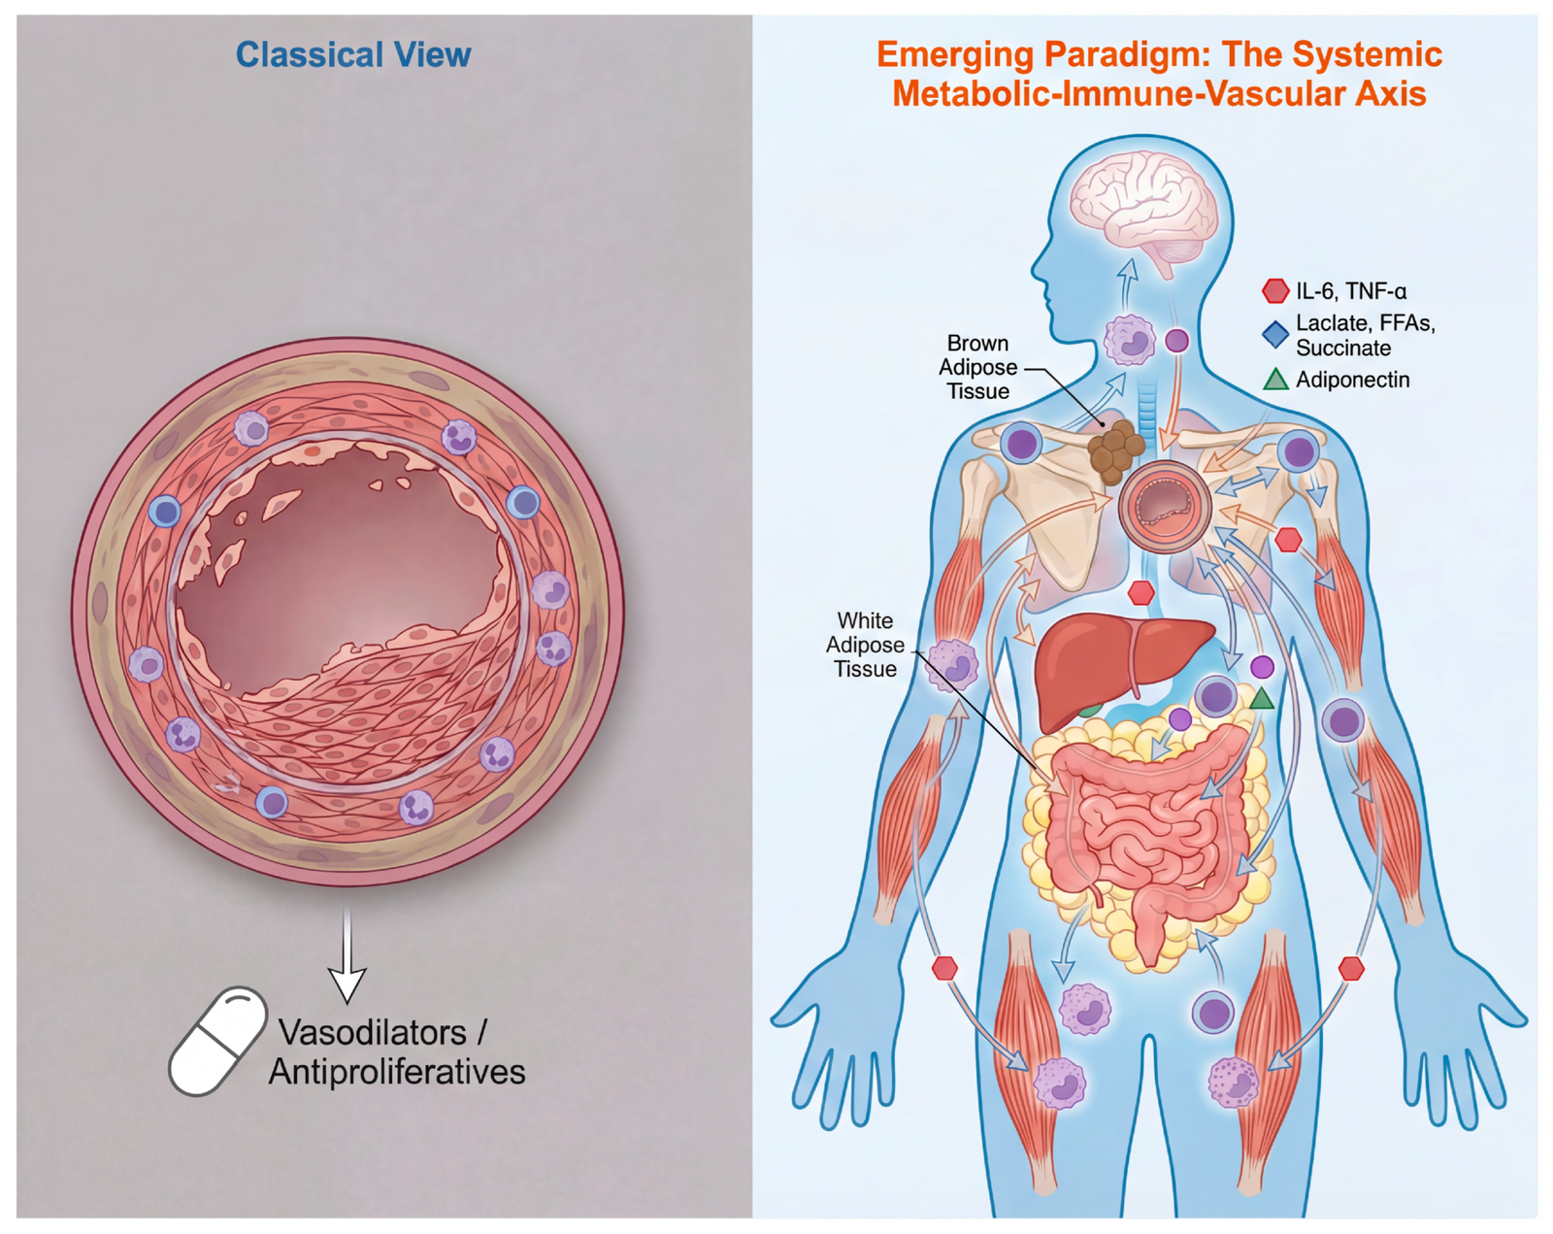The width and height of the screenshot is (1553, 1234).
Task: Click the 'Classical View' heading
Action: point(353,54)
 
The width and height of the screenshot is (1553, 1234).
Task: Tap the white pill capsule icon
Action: point(217,1041)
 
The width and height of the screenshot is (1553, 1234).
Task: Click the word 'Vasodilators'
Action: point(372,1033)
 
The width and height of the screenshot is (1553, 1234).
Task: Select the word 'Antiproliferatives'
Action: point(397,1073)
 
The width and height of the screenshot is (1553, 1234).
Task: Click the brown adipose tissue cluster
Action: point(1115,450)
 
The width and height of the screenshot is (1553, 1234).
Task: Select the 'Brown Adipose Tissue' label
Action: point(977,367)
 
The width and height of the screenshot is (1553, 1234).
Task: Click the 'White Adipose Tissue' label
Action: point(865,645)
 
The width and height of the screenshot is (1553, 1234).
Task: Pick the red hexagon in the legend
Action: point(1274,290)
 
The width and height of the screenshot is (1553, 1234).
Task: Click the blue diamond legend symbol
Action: point(1274,335)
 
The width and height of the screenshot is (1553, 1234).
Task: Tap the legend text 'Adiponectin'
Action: point(1352,380)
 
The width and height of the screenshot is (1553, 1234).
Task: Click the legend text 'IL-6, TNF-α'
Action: point(1351,290)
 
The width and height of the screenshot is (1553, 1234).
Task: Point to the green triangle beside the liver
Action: point(1261,698)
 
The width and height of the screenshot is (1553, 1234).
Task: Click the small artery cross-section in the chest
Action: point(1164,507)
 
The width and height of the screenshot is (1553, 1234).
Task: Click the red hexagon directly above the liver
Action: point(1141,591)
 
